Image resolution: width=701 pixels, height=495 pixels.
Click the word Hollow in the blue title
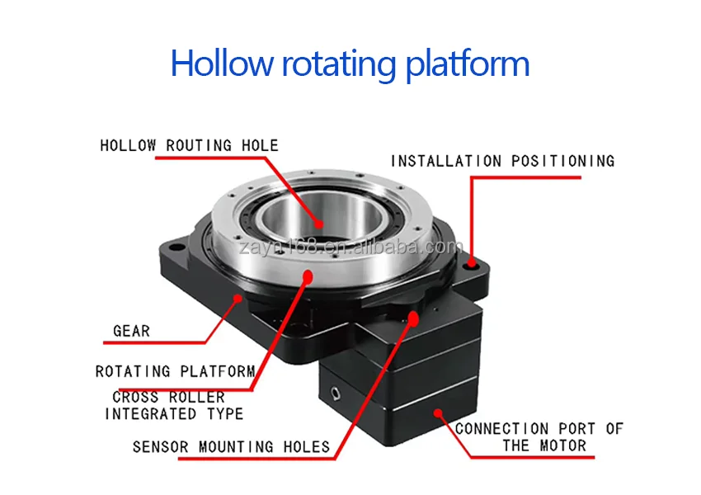tap(221, 63)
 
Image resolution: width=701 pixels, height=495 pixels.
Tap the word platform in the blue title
tap(467, 65)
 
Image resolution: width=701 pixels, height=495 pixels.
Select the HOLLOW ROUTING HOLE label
tap(189, 145)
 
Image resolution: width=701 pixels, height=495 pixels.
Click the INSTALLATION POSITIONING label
tap(502, 161)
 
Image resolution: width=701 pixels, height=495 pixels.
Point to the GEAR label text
tap(131, 331)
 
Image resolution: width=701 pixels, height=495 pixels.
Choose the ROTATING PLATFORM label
tap(175, 371)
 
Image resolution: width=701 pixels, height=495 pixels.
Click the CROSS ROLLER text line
tap(168, 397)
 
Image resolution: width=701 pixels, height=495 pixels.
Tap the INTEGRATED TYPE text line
tap(174, 413)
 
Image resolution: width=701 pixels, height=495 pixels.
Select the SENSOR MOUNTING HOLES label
tap(231, 446)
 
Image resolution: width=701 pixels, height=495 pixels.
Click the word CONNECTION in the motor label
tap(501, 429)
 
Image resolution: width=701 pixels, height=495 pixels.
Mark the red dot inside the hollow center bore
tap(319, 224)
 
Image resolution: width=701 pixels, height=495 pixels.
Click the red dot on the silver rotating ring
tap(308, 277)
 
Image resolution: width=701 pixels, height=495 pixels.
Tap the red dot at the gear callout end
tap(239, 298)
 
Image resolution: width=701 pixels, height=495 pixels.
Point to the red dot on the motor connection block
tap(438, 412)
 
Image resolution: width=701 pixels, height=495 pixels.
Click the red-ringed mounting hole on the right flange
tap(472, 265)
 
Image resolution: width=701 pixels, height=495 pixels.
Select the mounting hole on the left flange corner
tap(177, 247)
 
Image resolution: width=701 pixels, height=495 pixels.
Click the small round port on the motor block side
tap(336, 394)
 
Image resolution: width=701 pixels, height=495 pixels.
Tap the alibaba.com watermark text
tap(351, 247)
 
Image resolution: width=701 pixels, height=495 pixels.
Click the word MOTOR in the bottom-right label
tap(562, 445)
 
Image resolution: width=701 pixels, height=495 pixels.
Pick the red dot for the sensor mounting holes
tap(413, 318)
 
